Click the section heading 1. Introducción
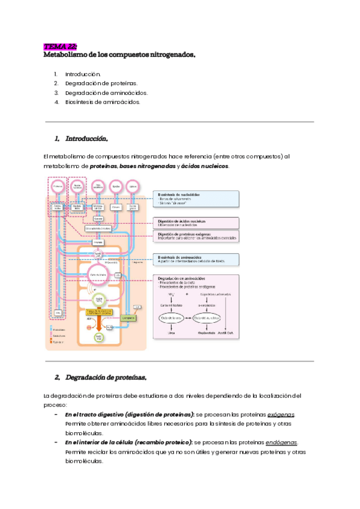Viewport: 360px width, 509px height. (x=81, y=139)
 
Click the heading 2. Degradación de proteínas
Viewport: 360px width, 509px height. (x=100, y=378)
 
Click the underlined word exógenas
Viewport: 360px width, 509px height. (x=280, y=415)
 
